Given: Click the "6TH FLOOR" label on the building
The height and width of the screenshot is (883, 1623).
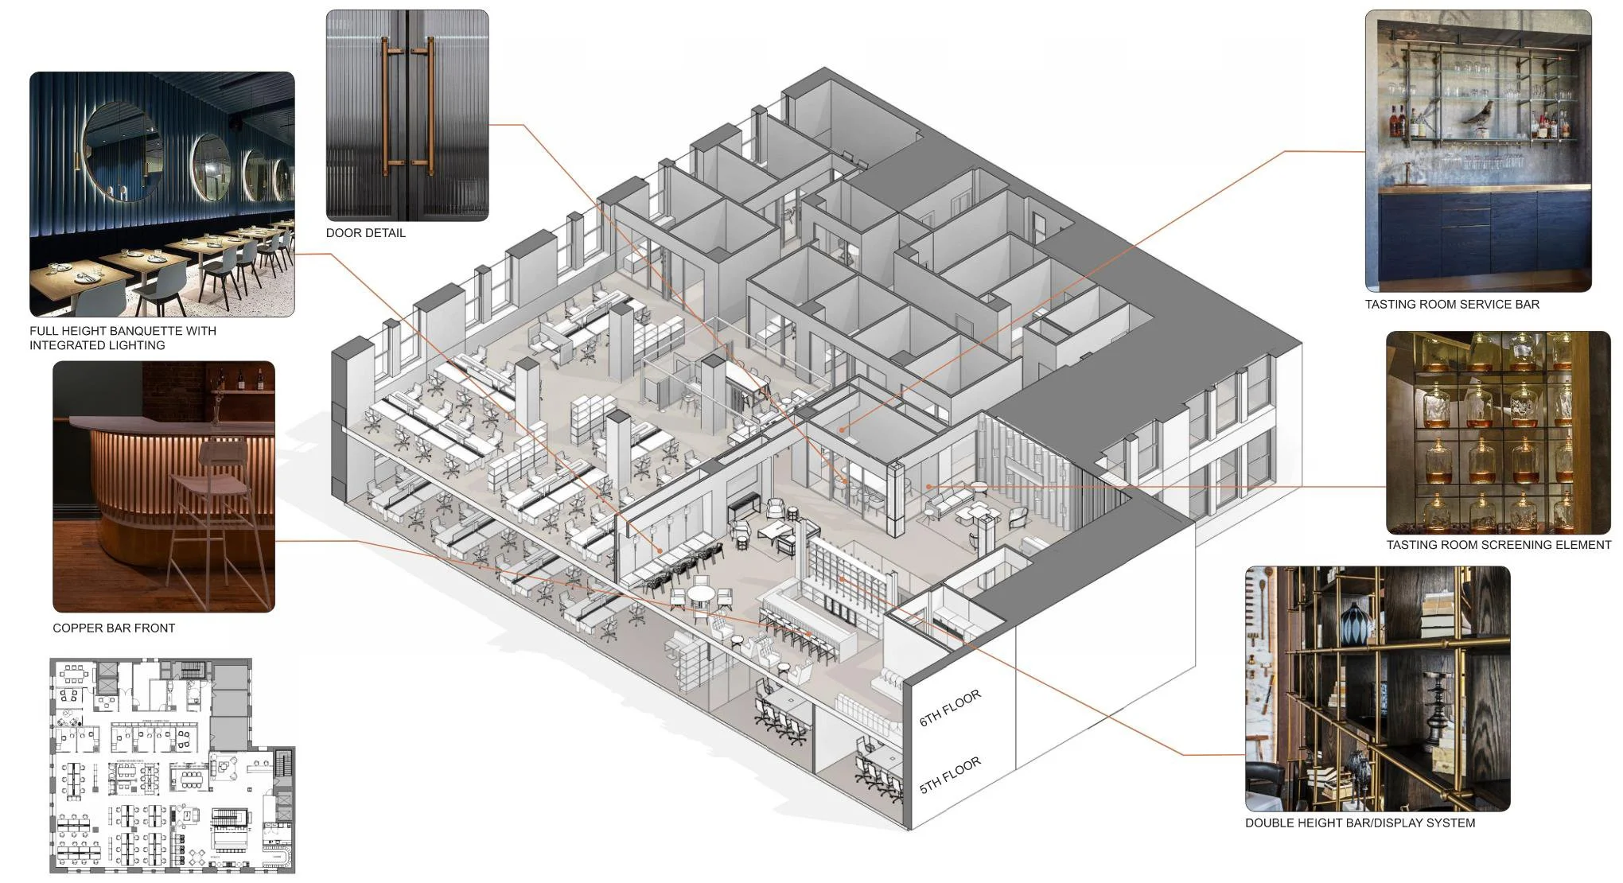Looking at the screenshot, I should (x=950, y=708).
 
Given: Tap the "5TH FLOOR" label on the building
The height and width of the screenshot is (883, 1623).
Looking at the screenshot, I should (x=950, y=776).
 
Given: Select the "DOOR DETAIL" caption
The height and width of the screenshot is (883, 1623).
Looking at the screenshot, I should (x=365, y=233).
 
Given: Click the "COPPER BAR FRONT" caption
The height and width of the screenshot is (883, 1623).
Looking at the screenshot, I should (x=114, y=628).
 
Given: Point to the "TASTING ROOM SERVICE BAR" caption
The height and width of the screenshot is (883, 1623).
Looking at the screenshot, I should (x=1452, y=304).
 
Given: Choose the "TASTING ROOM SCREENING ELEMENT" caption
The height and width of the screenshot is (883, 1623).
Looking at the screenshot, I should (x=1498, y=545).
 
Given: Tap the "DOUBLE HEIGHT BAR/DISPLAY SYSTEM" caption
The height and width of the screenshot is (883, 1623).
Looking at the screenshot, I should (x=1360, y=823).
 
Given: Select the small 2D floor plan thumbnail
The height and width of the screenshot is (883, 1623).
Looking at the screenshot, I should (x=172, y=765).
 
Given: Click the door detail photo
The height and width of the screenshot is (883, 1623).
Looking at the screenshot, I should (x=407, y=115).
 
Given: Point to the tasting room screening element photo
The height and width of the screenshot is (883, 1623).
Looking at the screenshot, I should (x=1497, y=433).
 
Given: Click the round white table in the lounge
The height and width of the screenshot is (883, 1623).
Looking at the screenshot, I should (x=701, y=593).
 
